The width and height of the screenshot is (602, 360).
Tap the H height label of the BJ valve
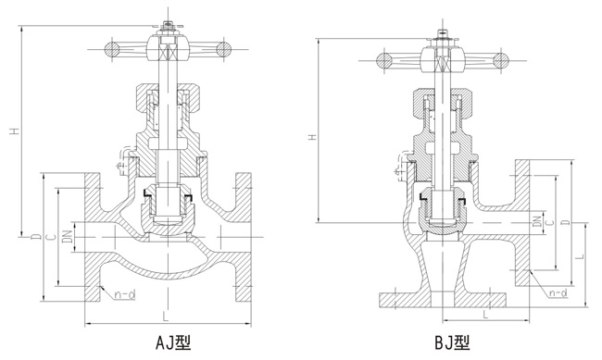312,138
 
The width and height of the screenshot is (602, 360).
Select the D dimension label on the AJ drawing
34,238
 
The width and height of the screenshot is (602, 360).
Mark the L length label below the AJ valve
165,316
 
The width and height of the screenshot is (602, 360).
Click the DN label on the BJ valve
537,222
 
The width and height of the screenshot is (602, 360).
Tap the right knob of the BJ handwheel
501,62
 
